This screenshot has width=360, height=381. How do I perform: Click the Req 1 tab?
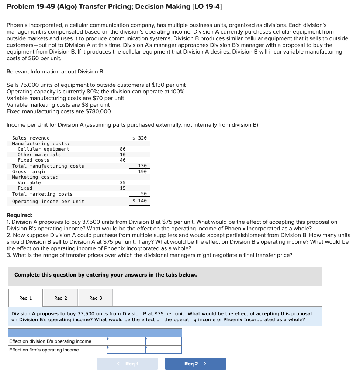[25, 298]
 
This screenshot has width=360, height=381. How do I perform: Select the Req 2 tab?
[60, 298]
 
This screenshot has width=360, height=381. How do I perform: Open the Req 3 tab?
[96, 298]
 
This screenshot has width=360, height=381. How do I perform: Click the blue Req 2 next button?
[195, 364]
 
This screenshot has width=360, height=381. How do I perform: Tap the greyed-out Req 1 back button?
[128, 364]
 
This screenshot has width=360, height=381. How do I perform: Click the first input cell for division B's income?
[126, 341]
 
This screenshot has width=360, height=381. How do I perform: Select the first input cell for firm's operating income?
[126, 350]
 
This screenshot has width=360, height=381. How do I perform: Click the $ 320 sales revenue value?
[139, 138]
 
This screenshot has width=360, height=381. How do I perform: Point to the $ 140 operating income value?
[139, 201]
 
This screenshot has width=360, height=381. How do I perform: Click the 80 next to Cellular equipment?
[123, 149]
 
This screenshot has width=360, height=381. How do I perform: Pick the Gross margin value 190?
[142, 172]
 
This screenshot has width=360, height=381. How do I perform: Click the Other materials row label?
[39, 155]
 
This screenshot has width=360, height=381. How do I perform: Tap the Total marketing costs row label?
[42, 194]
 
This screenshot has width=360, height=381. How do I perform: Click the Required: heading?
[20, 215]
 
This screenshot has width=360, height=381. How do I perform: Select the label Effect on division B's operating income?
[50, 341]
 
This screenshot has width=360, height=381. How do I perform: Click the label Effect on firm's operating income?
[44, 350]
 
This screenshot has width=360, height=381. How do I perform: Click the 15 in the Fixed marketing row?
[123, 188]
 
